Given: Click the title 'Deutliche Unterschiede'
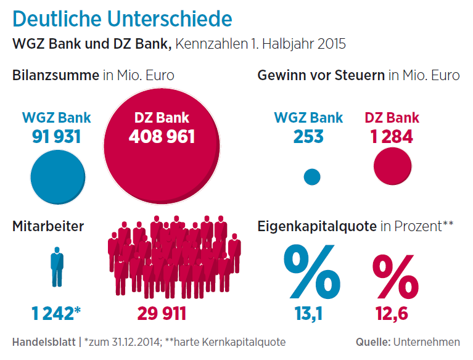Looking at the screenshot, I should [122, 18].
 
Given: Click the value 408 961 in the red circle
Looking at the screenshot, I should [162, 136].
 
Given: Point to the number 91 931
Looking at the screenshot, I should [56, 136].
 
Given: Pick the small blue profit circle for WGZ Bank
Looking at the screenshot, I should [313, 177].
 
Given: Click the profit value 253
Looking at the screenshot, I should [308, 136].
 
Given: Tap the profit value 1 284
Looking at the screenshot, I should [392, 136].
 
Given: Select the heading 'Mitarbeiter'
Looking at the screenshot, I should [48, 226].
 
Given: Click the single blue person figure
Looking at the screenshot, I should [57, 266].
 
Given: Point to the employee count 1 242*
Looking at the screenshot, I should [56, 313].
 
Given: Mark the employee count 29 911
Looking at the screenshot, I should [161, 313].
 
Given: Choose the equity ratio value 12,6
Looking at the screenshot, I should [392, 314].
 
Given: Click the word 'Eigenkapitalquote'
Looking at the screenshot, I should [317, 226].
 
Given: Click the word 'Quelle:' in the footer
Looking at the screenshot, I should [372, 342].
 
